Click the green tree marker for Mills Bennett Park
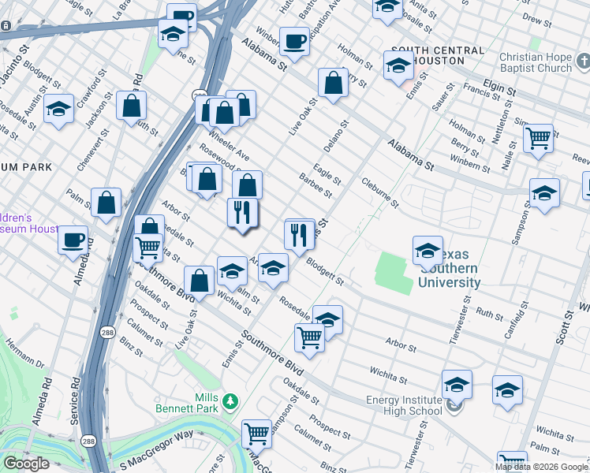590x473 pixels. (230, 402)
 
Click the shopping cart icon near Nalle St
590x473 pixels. (538, 139)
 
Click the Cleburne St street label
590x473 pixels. (380, 191)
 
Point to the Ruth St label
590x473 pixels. (488, 315)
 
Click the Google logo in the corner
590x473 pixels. (26, 464)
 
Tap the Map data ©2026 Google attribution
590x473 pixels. (541, 467)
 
